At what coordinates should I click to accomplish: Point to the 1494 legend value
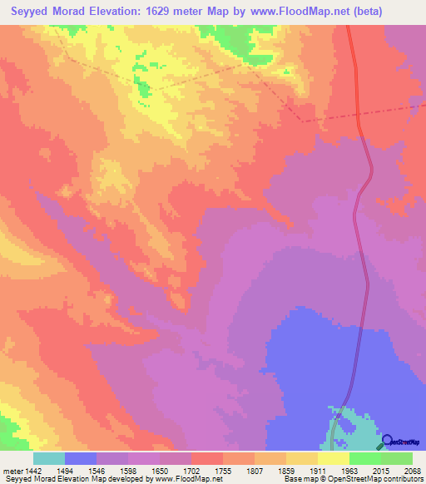coord(80,470)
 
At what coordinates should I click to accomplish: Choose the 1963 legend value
coord(348,470)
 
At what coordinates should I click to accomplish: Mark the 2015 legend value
coord(380,470)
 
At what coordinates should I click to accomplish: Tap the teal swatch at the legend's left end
coord(49,458)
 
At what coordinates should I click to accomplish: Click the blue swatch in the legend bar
coord(81,458)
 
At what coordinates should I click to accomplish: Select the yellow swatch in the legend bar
coord(334,458)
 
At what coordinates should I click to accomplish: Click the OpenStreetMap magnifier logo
coord(388,441)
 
